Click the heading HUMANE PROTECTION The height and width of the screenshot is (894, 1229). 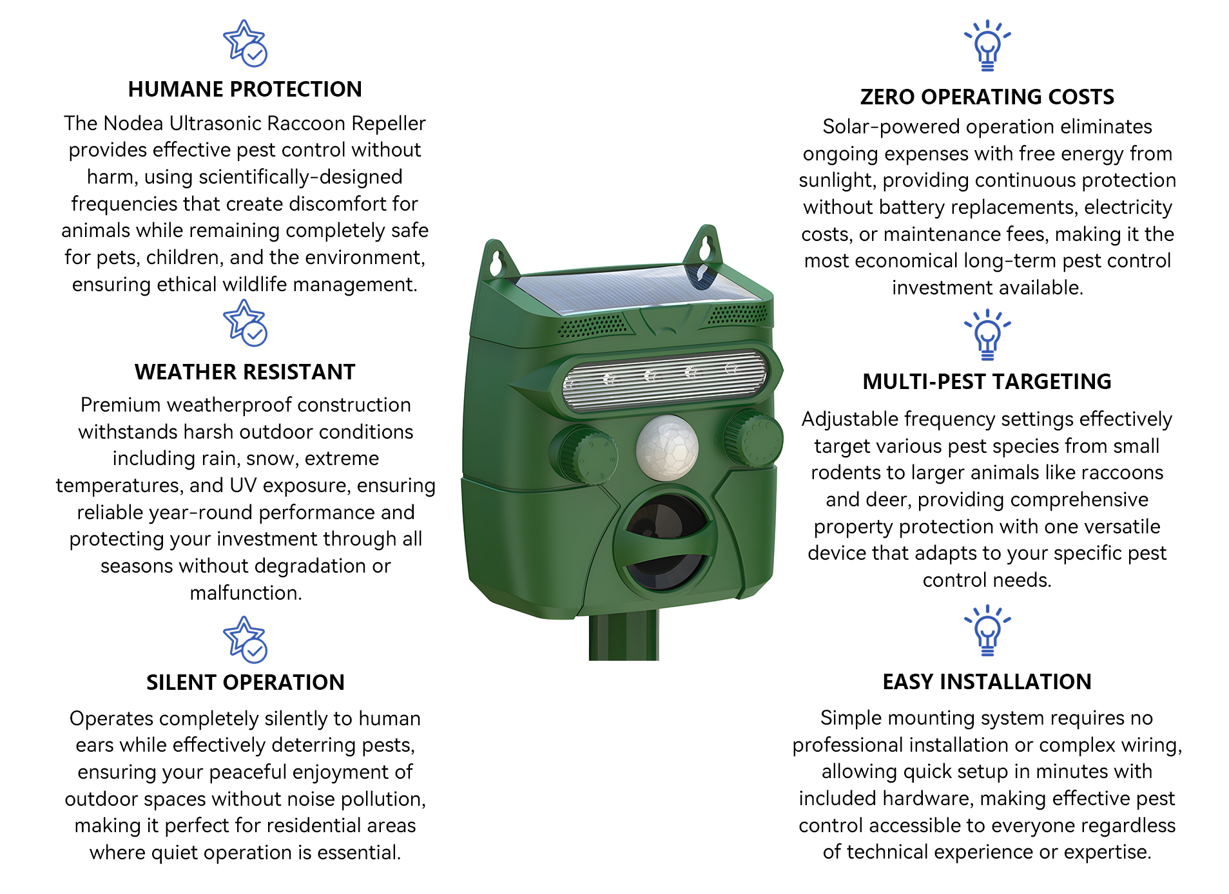point(245,89)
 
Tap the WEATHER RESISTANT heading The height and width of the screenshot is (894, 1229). point(245,372)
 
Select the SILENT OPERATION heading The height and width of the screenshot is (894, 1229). point(245,682)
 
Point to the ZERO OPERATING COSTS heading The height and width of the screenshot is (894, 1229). point(987,97)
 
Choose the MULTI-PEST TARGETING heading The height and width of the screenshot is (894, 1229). point(987,381)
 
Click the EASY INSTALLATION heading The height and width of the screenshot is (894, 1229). point(987,681)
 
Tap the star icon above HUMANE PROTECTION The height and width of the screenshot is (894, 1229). point(245,43)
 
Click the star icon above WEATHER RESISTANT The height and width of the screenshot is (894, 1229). point(245,323)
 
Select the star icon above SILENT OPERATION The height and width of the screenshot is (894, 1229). point(245,640)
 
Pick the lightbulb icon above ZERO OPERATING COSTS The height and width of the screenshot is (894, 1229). point(987,45)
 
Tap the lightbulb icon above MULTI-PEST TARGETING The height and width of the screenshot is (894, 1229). point(987,334)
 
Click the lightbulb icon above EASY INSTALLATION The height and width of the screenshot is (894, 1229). point(987,631)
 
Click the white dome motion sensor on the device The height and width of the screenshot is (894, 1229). point(667,448)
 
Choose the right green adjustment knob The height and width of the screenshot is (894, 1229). point(751,437)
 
